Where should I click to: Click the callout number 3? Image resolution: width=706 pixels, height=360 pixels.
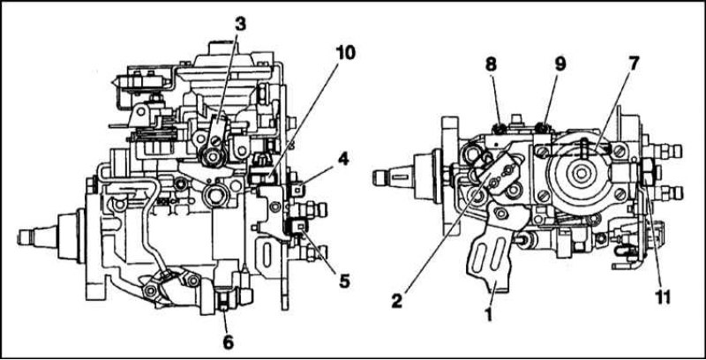coord(240,25)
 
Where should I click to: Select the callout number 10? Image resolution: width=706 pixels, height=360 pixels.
coord(345,53)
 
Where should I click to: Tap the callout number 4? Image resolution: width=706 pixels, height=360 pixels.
coord(343,159)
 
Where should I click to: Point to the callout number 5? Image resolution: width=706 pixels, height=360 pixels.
coord(344,281)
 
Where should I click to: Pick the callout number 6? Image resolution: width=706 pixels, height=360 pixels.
coord(229,343)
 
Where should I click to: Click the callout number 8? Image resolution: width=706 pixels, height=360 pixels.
coord(491,64)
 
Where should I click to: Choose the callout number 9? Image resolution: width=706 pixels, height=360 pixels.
coord(560,64)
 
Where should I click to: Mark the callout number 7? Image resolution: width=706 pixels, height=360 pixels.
coord(634,64)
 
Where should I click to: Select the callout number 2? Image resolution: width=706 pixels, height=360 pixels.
coord(396,301)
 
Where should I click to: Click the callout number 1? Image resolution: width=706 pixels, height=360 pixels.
coord(490,314)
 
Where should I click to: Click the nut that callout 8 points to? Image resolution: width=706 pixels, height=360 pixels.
coord(499,129)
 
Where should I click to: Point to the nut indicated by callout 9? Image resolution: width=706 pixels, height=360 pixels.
coord(544,129)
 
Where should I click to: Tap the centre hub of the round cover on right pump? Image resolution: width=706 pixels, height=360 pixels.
coord(581,173)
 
